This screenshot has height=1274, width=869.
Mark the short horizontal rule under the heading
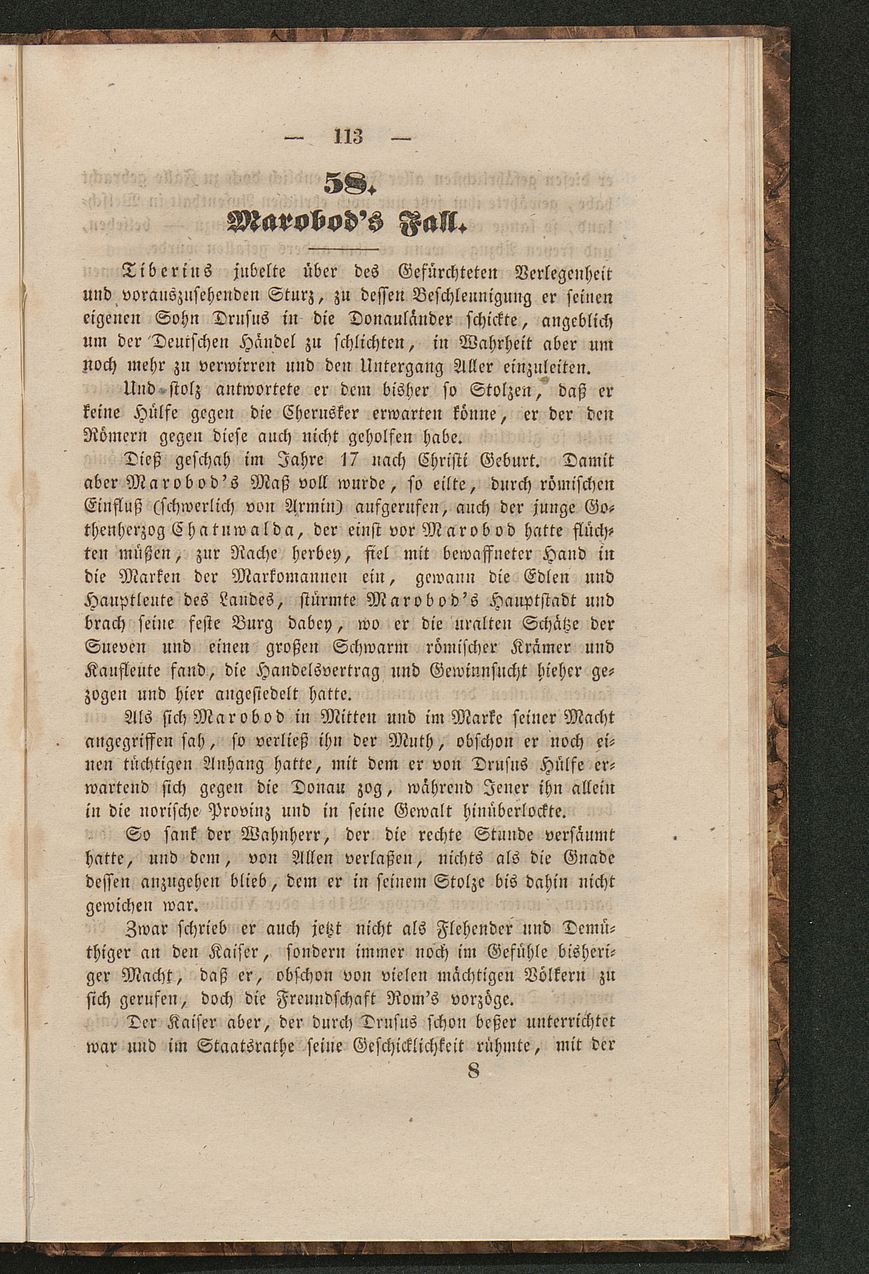click(x=343, y=251)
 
